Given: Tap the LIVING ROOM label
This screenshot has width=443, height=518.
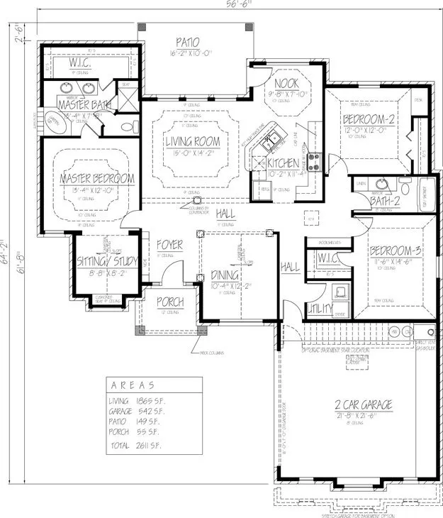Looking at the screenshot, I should pyautogui.click(x=193, y=142).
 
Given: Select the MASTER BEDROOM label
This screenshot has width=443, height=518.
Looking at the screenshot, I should pyautogui.click(x=97, y=178).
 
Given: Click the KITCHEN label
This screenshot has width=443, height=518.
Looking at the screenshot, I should pyautogui.click(x=283, y=163).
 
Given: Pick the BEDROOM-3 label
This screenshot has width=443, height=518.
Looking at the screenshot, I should pyautogui.click(x=396, y=251).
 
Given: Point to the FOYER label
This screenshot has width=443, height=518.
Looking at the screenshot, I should pyautogui.click(x=170, y=245).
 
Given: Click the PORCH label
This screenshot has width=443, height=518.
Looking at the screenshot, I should pyautogui.click(x=171, y=302).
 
